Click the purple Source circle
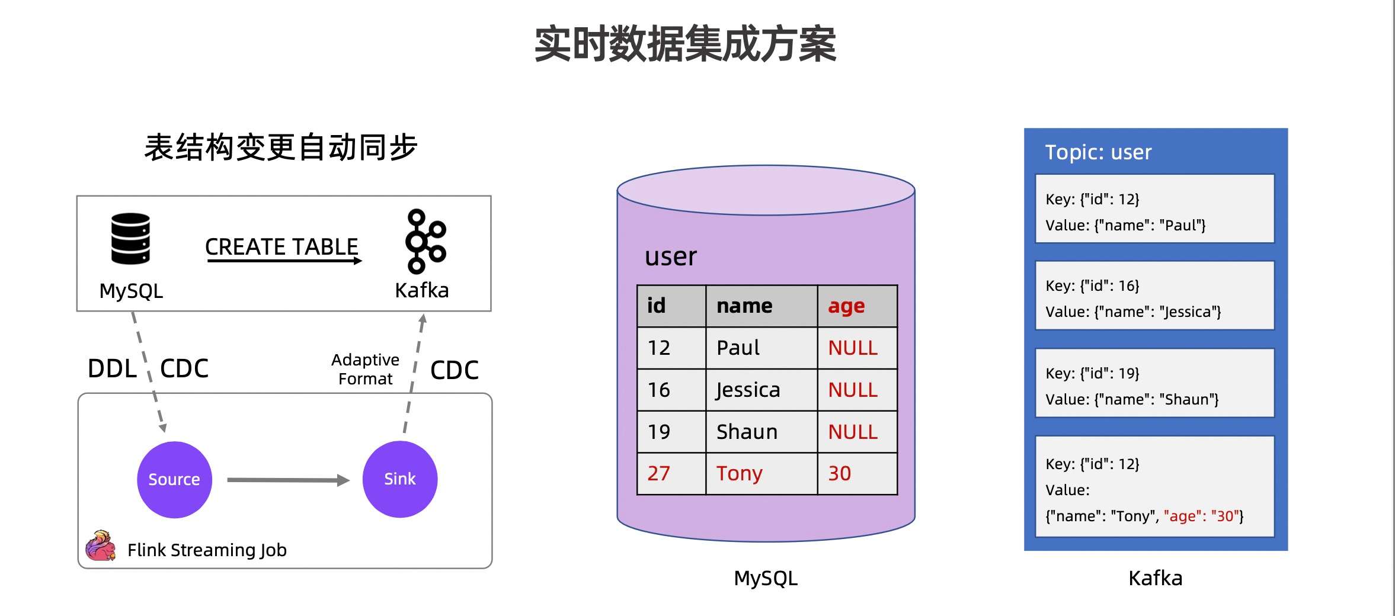pos(174,479)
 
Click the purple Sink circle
pos(400,479)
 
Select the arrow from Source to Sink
pos(287,480)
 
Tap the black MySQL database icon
pos(130,239)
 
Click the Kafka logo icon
pos(424,241)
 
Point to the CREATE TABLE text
pos(281,246)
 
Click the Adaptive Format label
pos(365,369)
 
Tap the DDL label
pos(112,368)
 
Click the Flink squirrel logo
pos(100,546)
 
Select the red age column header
pos(846,306)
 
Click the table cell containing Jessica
pos(748,390)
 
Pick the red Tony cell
pos(739,473)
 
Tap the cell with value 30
pos(839,473)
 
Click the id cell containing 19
pos(658,432)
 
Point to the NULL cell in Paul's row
pos(853,348)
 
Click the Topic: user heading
pos(1098,152)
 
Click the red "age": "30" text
pos(1201,516)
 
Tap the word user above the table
pos(671,256)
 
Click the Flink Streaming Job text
pos(207,550)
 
